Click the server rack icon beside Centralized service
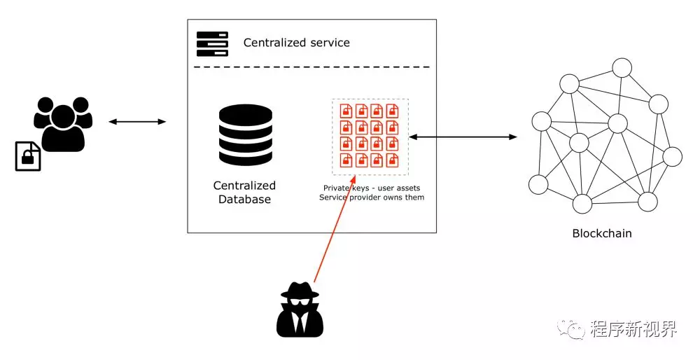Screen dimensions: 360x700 tap(212, 43)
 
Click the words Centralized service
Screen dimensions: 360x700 tap(296, 43)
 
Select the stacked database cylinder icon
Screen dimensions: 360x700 tap(245, 135)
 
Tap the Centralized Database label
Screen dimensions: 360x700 tap(245, 192)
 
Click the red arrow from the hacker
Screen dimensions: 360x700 tap(334, 224)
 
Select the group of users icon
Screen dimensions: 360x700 tap(63, 123)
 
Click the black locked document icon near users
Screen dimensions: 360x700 tap(28, 155)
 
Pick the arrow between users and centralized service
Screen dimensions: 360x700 tap(137, 122)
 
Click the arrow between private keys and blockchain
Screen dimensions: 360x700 tap(463, 137)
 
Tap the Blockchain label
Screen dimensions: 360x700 tap(602, 233)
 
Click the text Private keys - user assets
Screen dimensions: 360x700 tap(371, 188)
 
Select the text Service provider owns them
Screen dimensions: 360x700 tap(372, 198)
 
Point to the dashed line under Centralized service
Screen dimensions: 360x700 tap(311, 67)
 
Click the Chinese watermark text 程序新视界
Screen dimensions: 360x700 tap(633, 328)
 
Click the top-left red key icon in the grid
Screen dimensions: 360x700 tap(346, 111)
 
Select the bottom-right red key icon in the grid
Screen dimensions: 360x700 tap(393, 160)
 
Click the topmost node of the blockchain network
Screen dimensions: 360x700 tap(622, 68)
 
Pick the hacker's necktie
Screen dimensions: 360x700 tap(300, 322)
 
